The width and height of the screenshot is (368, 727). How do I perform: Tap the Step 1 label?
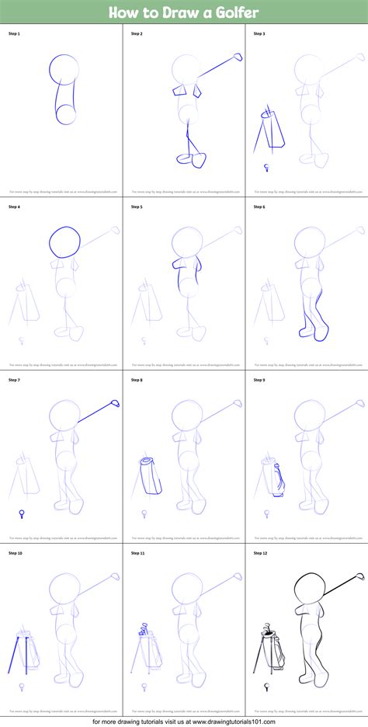click(x=14, y=34)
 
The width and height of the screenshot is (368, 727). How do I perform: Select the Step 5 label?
click(x=137, y=207)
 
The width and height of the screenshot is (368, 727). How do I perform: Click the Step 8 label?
click(x=137, y=380)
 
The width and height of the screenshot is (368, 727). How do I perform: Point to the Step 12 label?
click(x=260, y=553)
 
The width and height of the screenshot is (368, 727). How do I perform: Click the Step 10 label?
click(x=16, y=553)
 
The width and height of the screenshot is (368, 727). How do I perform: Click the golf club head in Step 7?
click(x=114, y=403)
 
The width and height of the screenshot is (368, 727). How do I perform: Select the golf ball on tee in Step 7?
click(x=21, y=512)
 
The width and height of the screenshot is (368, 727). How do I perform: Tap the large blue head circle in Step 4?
click(x=64, y=242)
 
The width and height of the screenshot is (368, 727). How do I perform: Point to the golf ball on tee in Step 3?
click(x=266, y=165)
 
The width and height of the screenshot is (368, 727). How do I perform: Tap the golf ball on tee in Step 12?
click(x=266, y=686)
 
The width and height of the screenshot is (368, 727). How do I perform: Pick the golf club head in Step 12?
click(x=359, y=576)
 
